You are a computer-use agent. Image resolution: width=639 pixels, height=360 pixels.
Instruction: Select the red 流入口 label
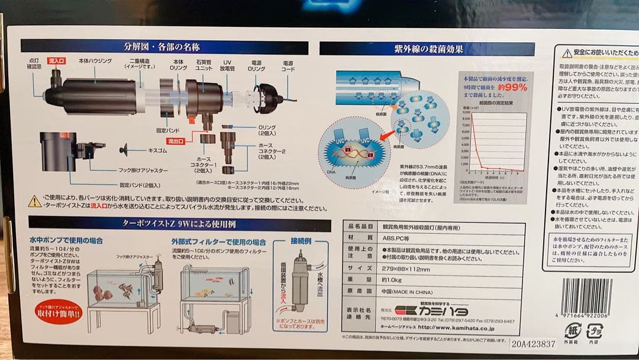click(57, 60)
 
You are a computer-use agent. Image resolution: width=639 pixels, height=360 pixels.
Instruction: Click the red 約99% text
click(512, 86)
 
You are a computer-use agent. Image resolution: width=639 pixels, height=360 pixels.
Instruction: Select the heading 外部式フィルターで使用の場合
click(219, 242)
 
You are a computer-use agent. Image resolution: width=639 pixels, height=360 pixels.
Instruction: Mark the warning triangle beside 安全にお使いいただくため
click(567, 53)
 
